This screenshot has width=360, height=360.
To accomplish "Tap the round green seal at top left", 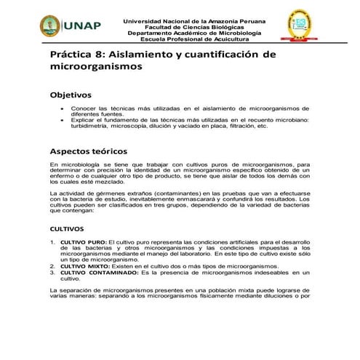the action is coord(50,26).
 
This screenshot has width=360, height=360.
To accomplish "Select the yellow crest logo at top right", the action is coord(298,26).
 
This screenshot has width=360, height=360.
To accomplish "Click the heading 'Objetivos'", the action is coord(70,95).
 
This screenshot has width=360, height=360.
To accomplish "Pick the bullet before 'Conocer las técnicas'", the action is coord(61,108).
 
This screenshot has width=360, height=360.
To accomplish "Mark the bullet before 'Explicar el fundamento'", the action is coord(61,119).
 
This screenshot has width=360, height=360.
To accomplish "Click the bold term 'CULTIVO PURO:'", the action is coord(83,241).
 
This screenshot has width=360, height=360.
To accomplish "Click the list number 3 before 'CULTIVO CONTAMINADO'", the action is coord(52,273).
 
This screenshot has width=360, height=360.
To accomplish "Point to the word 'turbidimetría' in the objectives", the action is coord(92,126).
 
